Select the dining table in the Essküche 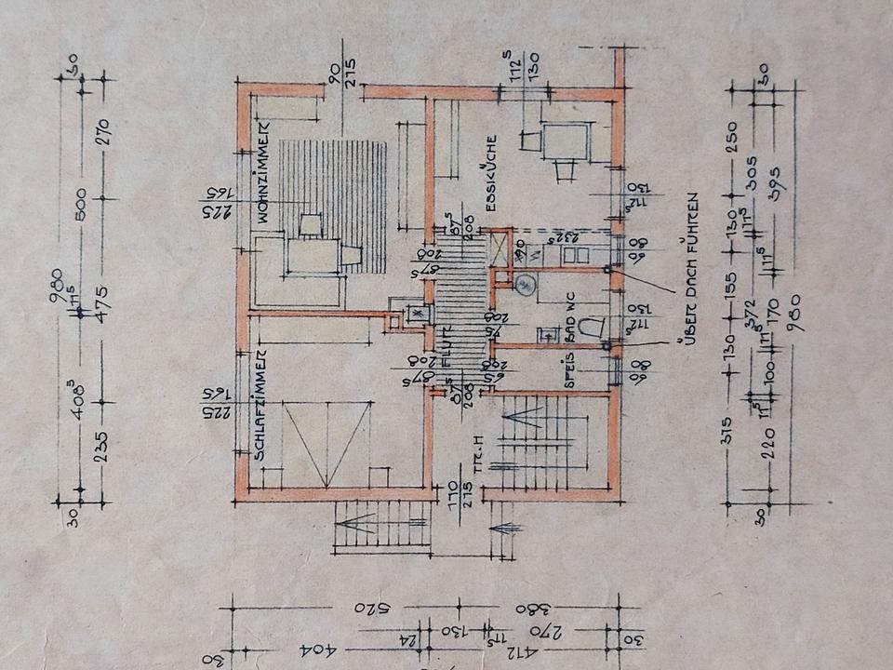(x=565, y=141)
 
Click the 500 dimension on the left (x=81, y=202)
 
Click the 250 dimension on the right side (x=732, y=137)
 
